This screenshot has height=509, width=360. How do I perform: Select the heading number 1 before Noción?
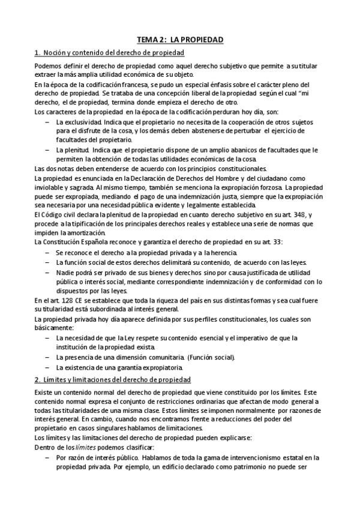[37, 53]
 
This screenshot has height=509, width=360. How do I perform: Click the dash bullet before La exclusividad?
[48, 122]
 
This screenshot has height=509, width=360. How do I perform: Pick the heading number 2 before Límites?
[37, 380]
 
